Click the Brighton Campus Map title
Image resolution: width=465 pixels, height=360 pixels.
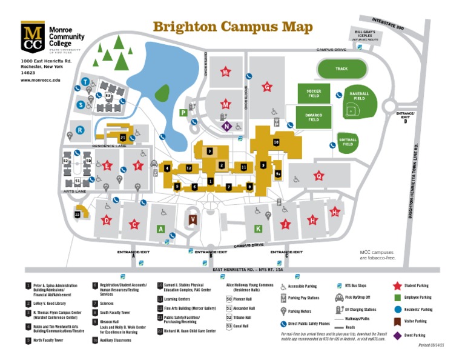point(232,27)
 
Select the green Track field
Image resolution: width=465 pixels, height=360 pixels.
point(341,69)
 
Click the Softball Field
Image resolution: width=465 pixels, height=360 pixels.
point(348,141)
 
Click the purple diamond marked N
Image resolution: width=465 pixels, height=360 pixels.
point(226,126)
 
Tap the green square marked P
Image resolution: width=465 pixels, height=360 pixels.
point(183,112)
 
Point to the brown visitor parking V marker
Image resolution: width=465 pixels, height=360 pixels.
point(193,219)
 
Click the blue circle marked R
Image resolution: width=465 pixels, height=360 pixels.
point(80,129)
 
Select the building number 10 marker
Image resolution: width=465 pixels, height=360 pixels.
point(276,142)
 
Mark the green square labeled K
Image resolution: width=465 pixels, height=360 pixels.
point(258,228)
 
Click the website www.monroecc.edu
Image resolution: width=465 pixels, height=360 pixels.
point(41,80)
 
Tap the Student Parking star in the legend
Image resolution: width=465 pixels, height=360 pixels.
point(398,285)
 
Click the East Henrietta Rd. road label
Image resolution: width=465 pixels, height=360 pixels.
point(232,268)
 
